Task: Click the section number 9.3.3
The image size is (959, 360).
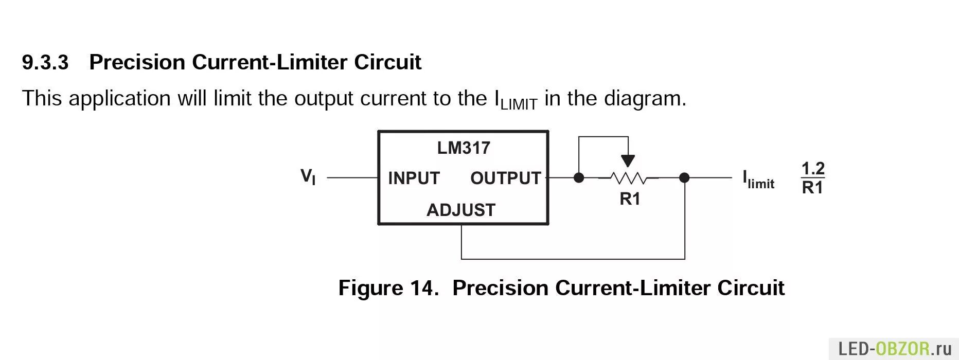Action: [45, 62]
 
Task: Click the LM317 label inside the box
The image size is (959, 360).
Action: [464, 148]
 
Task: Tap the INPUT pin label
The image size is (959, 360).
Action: [414, 178]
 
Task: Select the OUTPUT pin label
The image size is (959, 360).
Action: [505, 178]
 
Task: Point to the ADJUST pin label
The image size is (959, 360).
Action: [460, 210]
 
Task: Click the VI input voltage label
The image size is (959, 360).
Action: [308, 177]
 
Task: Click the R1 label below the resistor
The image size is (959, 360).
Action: [630, 199]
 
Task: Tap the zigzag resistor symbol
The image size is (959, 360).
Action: [628, 178]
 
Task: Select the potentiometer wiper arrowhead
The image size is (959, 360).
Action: [628, 160]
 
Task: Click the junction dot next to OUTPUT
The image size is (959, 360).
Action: [579, 178]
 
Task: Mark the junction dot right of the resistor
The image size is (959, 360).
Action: [684, 178]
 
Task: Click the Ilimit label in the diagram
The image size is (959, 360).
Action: [758, 179]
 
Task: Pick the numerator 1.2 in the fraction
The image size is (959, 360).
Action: [813, 168]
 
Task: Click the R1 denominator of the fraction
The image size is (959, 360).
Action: [813, 188]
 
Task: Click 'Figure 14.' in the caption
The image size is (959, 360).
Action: [388, 287]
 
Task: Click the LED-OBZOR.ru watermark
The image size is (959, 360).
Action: [895, 349]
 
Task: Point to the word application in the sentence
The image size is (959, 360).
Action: [119, 98]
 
